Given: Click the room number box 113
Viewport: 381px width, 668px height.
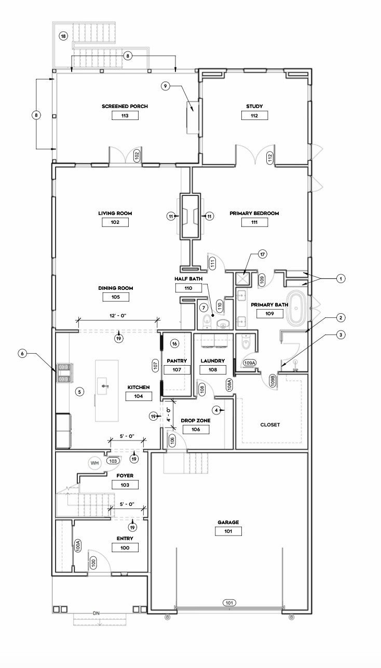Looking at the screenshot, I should click(x=125, y=116).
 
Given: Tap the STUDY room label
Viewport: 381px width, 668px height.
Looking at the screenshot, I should click(x=254, y=106).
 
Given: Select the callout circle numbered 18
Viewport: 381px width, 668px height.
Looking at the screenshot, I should click(x=63, y=36).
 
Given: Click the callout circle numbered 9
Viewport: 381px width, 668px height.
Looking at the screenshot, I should click(x=166, y=86).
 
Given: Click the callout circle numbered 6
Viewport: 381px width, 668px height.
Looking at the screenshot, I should click(x=22, y=354).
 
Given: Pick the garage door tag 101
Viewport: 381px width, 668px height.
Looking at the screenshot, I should click(x=229, y=603).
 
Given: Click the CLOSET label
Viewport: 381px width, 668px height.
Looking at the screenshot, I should click(x=270, y=425).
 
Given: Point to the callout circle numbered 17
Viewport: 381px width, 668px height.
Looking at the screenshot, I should click(x=263, y=255).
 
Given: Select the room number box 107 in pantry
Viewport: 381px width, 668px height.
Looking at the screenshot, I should click(x=177, y=370).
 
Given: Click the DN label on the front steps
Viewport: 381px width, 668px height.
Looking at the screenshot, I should click(x=96, y=613).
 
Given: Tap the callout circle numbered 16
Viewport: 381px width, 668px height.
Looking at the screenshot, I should click(x=174, y=343).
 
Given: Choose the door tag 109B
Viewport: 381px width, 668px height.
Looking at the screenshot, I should click(x=273, y=381).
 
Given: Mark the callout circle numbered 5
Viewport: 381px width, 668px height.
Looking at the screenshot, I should click(x=79, y=391).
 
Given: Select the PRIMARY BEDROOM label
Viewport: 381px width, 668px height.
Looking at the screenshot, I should click(x=254, y=213).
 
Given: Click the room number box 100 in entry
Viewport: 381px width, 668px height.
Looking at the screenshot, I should click(x=125, y=547).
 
